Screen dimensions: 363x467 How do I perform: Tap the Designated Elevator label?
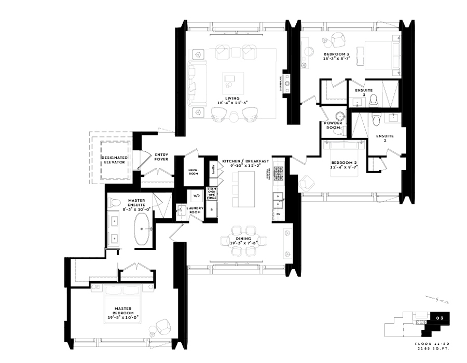(x=113, y=159)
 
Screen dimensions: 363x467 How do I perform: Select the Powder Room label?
(x=333, y=125)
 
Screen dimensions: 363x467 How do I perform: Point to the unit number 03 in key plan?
(x=439, y=316)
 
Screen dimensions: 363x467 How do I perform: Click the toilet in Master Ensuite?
(x=115, y=202)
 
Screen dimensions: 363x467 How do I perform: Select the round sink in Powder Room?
(x=340, y=116)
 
